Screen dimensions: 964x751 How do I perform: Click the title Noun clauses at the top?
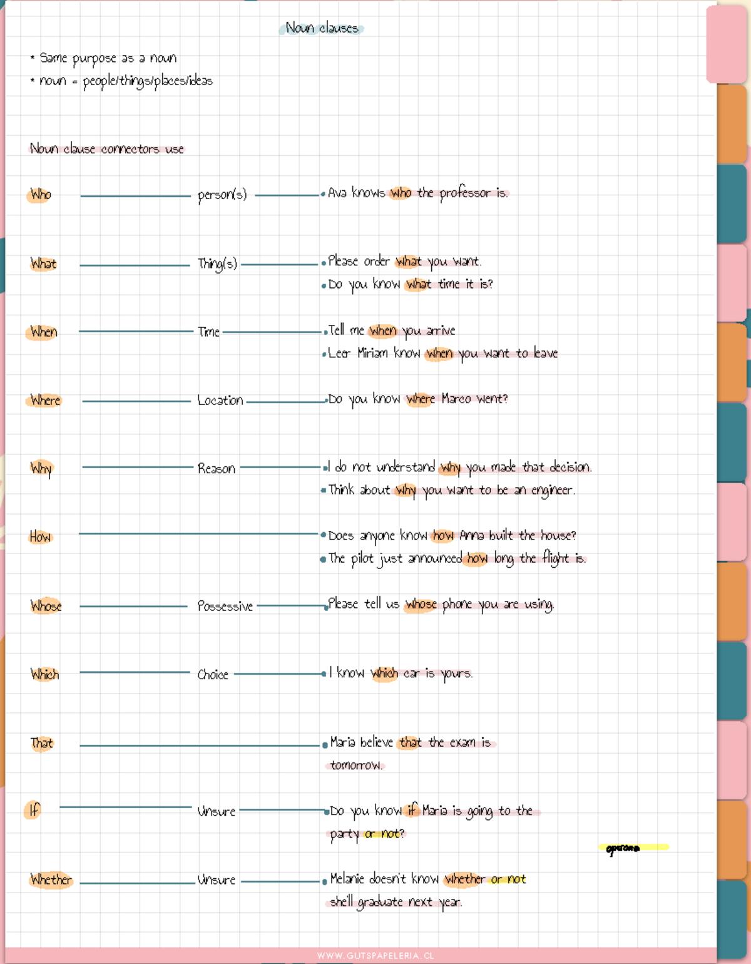[x=322, y=28]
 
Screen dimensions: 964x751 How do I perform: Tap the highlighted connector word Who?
[x=41, y=195]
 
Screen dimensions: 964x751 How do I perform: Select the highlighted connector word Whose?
[x=46, y=606]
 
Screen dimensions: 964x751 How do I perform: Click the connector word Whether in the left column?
[x=51, y=879]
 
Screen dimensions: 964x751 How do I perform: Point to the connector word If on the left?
[x=34, y=811]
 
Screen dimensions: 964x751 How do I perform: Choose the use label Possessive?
[x=225, y=606]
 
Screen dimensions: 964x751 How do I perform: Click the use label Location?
[x=220, y=401]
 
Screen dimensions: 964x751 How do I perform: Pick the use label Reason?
[x=216, y=469]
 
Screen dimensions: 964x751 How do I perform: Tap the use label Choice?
[x=213, y=675]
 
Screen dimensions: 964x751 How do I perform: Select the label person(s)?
[x=222, y=195]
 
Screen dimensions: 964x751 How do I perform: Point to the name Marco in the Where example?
[x=456, y=399]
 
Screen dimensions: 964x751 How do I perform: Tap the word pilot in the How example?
[x=362, y=558]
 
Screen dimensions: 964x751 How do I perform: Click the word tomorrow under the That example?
[x=355, y=765]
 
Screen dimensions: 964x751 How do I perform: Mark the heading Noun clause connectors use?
[x=107, y=149]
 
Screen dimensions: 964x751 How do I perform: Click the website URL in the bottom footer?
[x=375, y=956]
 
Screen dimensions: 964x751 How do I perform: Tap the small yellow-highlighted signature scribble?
[x=623, y=848]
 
